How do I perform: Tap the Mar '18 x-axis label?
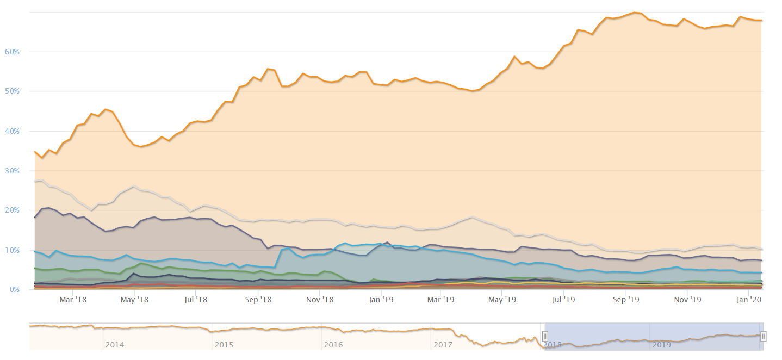click(x=73, y=300)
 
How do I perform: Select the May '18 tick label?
click(x=134, y=300)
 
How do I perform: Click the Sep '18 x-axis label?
click(x=258, y=300)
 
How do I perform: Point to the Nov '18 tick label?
click(x=320, y=300)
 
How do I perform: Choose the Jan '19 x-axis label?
click(x=381, y=300)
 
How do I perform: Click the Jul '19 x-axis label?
click(x=564, y=300)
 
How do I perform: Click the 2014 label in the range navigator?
click(x=114, y=345)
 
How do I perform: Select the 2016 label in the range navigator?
click(x=333, y=345)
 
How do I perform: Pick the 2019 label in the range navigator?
click(x=661, y=345)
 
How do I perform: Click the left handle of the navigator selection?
click(x=545, y=337)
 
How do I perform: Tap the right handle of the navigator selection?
click(x=763, y=337)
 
